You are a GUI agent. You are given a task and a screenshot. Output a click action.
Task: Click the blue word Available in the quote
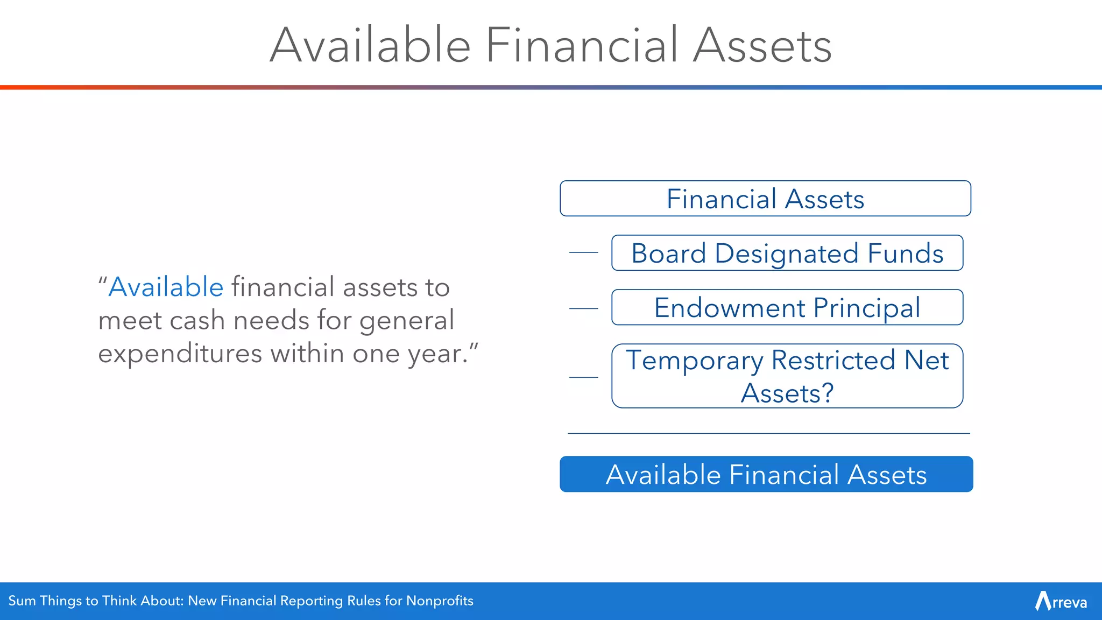coord(166,287)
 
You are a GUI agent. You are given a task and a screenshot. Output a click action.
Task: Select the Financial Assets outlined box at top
coord(765,199)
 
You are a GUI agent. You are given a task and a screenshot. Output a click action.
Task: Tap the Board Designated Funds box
coord(787,253)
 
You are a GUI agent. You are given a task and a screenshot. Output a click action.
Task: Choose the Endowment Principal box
coord(787,307)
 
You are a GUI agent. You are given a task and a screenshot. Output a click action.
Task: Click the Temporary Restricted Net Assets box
coord(787,376)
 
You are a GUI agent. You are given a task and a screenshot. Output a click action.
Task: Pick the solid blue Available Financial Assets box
coord(766,474)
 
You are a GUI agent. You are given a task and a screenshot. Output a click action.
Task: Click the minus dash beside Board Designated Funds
coord(584,252)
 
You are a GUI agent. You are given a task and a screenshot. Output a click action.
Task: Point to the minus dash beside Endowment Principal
coord(584,308)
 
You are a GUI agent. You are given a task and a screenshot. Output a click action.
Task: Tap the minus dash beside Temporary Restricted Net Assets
coord(584,377)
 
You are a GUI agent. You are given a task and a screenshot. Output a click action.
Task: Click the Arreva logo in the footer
coord(1061,601)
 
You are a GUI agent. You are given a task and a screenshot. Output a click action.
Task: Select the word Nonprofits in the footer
coord(440,601)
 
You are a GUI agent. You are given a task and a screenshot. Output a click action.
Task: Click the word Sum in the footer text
coord(22,601)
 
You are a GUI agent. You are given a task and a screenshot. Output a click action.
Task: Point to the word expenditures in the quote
coord(180,354)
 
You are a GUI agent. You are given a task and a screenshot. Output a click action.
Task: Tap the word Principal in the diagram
coord(866,308)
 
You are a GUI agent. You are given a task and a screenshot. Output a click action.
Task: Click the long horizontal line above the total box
coord(768,433)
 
